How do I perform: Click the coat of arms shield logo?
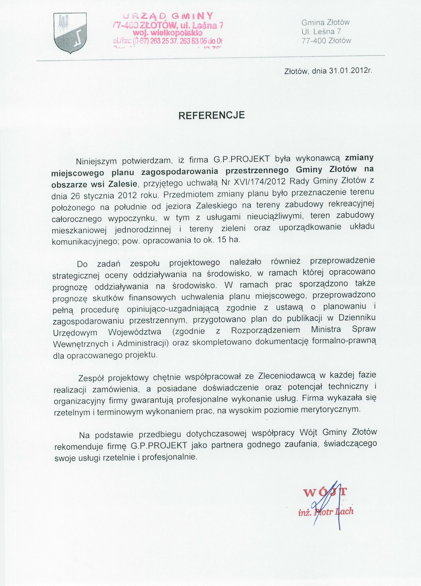[70, 32]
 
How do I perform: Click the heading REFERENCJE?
[212, 115]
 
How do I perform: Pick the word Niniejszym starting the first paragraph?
[97, 161]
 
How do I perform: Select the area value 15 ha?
[229, 241]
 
